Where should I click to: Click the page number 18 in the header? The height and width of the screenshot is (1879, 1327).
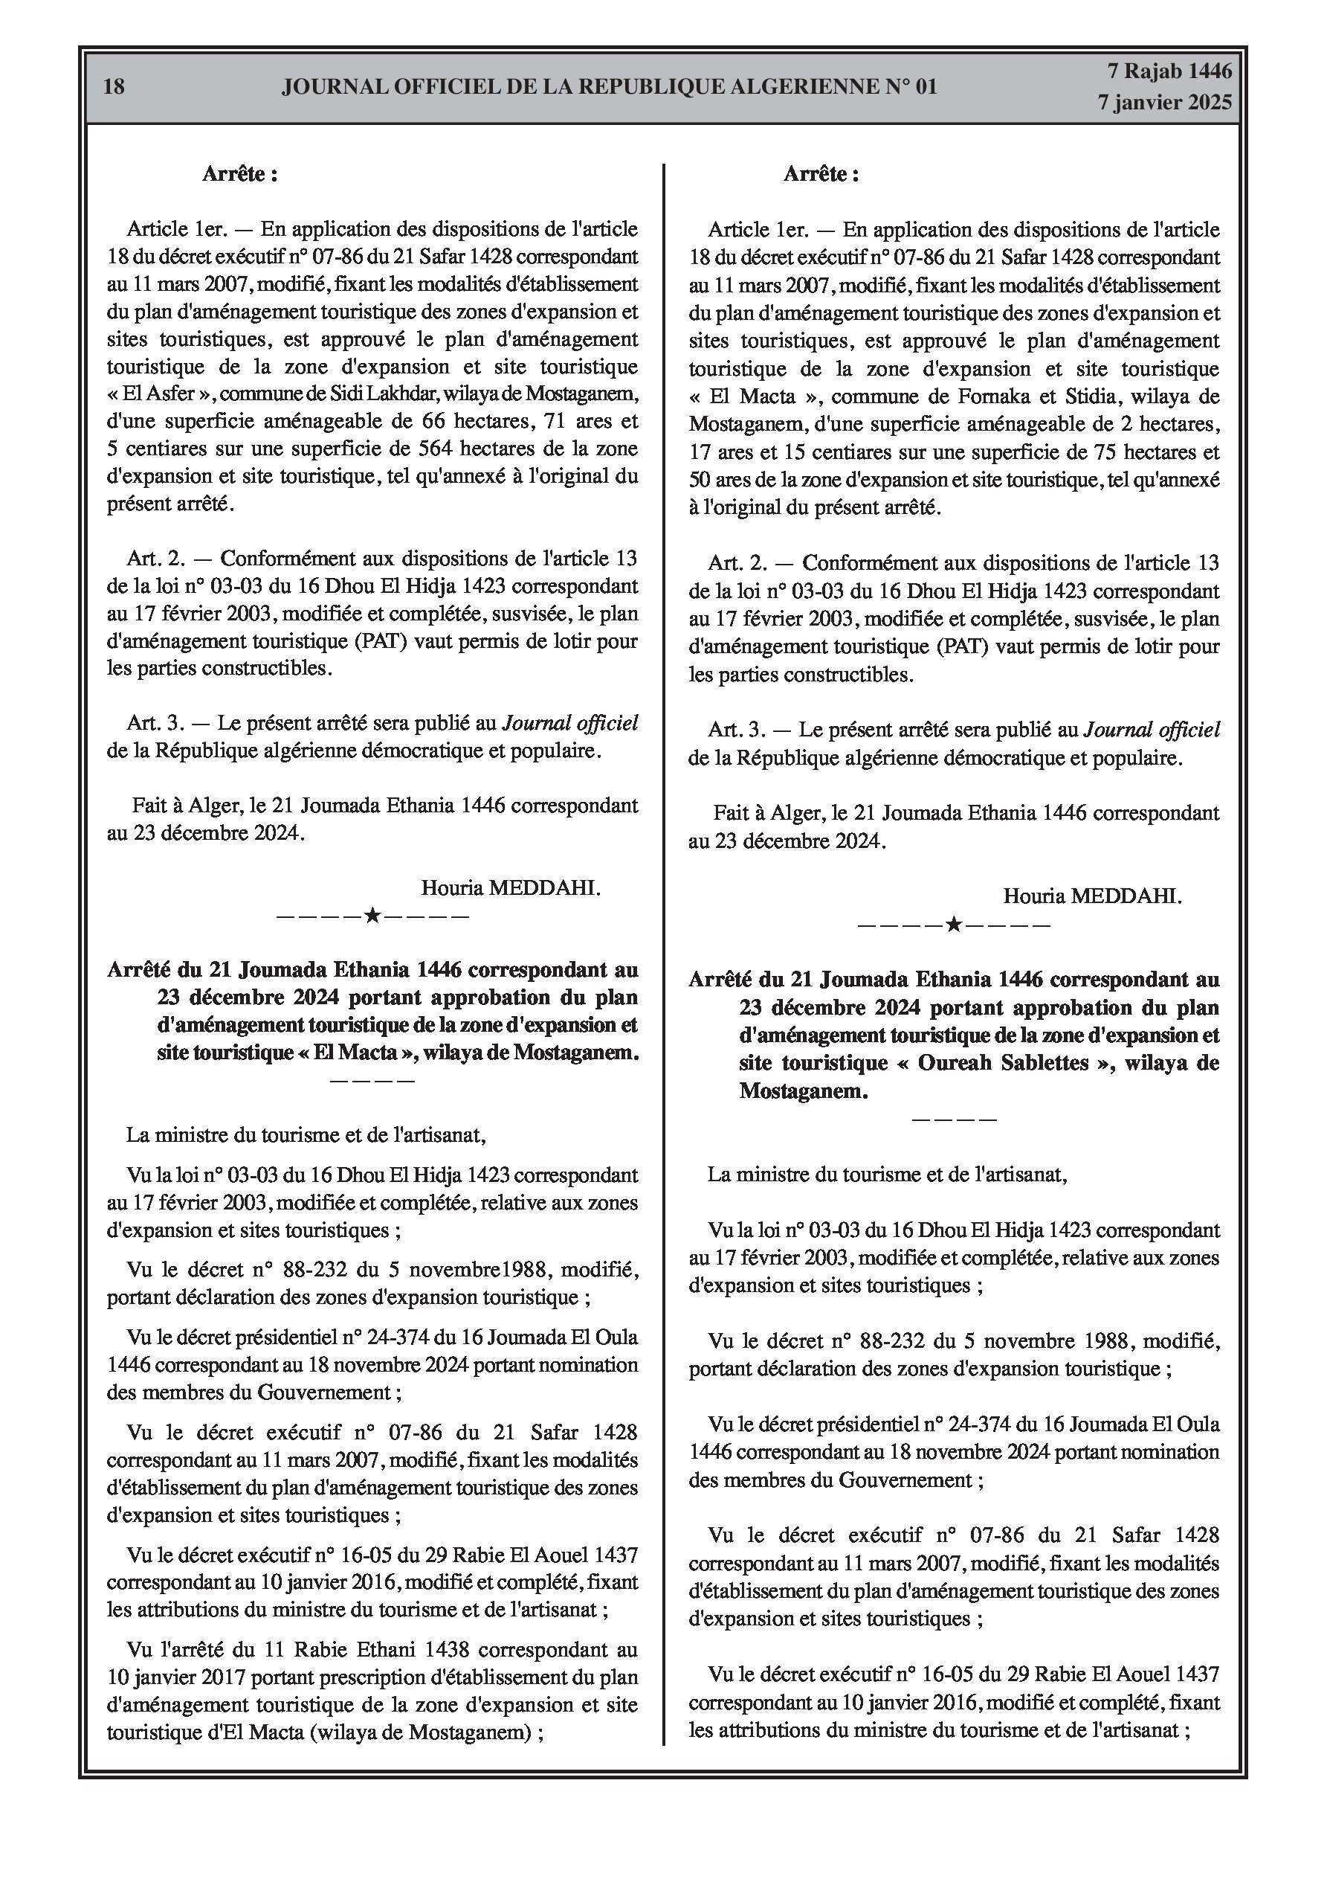coord(114,86)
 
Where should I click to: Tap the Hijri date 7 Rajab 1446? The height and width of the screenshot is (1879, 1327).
coord(1169,72)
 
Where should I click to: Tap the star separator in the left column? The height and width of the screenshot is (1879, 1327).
coord(372,915)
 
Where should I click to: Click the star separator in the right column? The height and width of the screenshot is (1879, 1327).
coord(954,925)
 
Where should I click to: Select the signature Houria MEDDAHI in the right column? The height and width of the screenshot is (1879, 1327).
coord(1092,896)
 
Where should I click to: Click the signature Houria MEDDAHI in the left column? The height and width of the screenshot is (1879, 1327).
coord(511,888)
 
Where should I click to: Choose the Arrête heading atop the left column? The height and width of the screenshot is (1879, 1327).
coord(239,174)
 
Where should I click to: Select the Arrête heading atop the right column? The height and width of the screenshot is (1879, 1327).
coord(821,174)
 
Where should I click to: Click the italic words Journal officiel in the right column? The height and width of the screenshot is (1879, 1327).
coord(1151,729)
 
